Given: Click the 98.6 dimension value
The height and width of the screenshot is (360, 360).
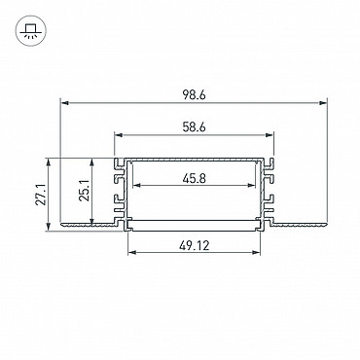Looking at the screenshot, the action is [194, 95].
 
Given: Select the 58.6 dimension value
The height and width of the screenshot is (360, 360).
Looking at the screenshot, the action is [194, 127].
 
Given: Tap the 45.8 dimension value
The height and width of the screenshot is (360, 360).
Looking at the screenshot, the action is [194, 178].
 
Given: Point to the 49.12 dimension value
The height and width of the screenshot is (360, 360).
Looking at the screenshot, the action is [194, 245].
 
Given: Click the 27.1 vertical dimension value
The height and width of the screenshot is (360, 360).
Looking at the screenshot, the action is [41, 195].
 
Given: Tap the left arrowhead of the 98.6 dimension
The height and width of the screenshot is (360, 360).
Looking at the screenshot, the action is [65, 103].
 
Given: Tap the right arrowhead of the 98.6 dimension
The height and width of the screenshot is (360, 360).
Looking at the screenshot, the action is [323, 103].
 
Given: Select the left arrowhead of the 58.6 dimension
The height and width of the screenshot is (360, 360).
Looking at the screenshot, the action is [119, 134].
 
